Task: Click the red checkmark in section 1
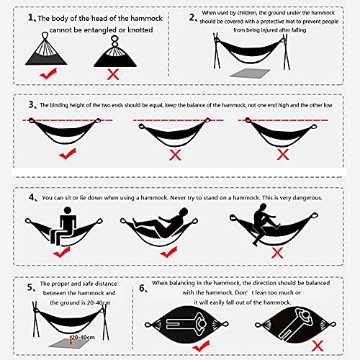(48, 74)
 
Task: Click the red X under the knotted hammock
(113, 74)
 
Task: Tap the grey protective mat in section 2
(250, 73)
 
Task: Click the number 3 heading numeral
(32, 104)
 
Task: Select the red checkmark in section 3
(68, 153)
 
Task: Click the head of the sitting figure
(68, 210)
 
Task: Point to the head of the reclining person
(184, 212)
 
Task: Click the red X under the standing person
(277, 253)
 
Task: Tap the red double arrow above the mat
(71, 340)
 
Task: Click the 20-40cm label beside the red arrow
(84, 337)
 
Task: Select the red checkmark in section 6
(201, 346)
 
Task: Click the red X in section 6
(318, 346)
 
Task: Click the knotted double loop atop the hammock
(115, 41)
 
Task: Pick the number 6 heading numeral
(142, 288)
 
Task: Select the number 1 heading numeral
(31, 17)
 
